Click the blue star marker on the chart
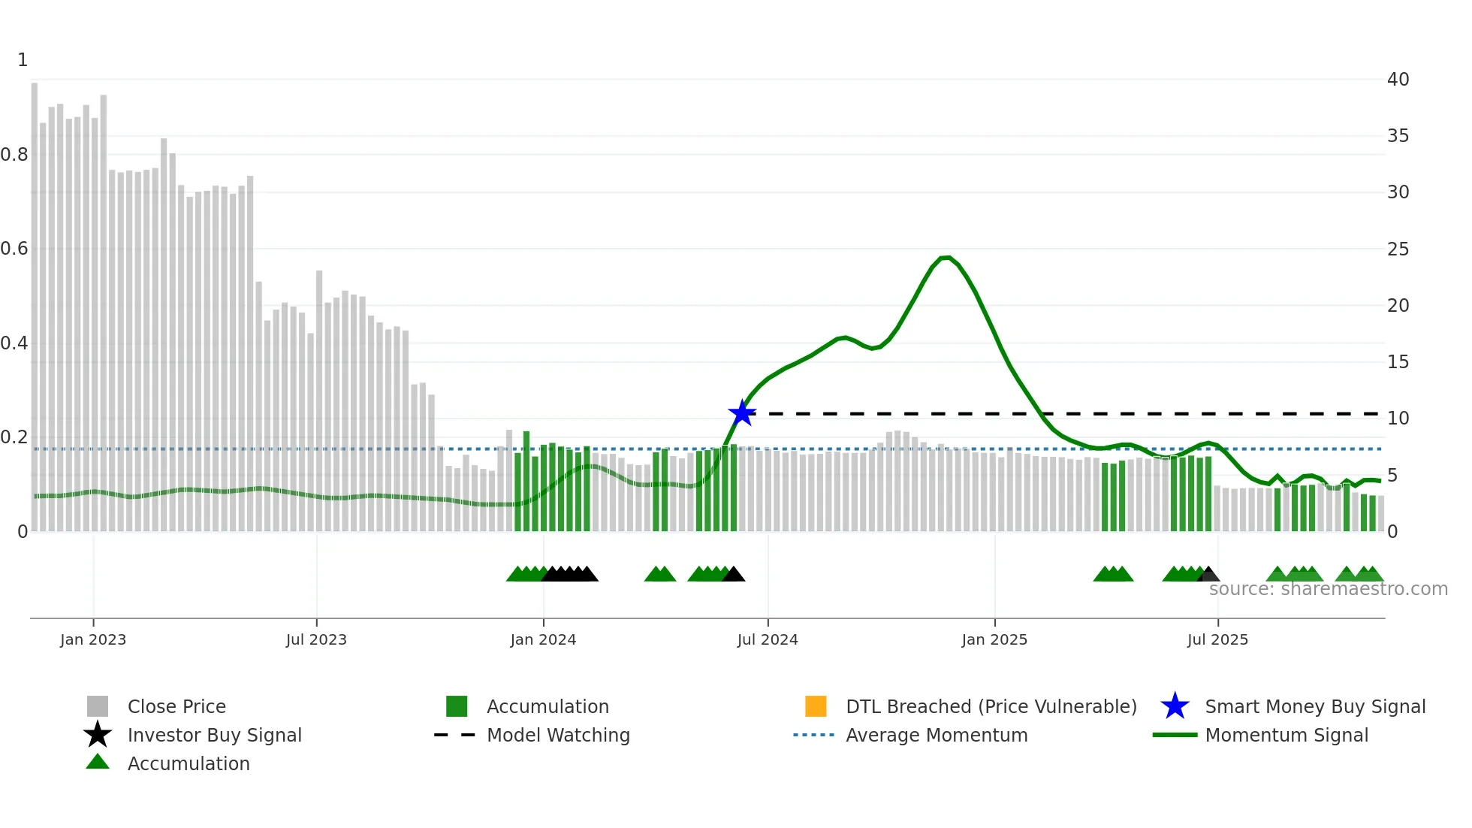[x=742, y=413]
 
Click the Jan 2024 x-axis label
[x=543, y=639]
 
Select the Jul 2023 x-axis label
[x=316, y=639]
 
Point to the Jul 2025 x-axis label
[x=1217, y=639]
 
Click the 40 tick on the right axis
[x=1398, y=79]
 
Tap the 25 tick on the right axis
[x=1398, y=249]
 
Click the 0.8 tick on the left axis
[x=14, y=155]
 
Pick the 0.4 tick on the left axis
[x=14, y=343]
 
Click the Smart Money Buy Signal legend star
[x=1175, y=706]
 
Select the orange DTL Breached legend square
[x=816, y=706]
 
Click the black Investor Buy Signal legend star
[x=98, y=735]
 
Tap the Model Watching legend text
[x=558, y=735]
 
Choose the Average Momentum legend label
[x=937, y=735]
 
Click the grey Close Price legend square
[x=98, y=706]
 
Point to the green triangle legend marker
[x=98, y=762]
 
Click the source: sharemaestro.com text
[x=1328, y=589]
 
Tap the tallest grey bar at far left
[x=35, y=301]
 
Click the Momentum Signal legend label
[x=1286, y=735]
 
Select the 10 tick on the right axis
[x=1398, y=419]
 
